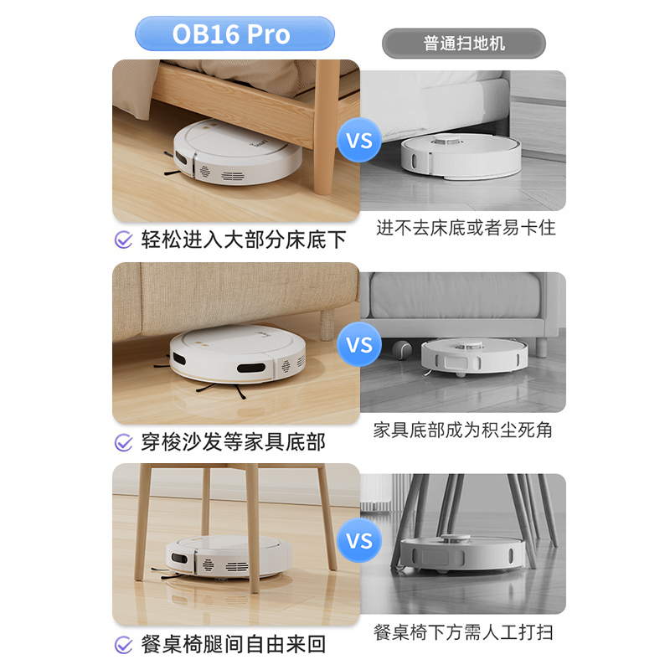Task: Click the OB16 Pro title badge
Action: pyautogui.click(x=234, y=33)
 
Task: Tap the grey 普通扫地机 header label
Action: pyautogui.click(x=464, y=44)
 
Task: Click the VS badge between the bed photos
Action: pyautogui.click(x=359, y=140)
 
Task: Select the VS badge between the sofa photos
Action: pyautogui.click(x=359, y=344)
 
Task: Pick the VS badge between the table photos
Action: pyautogui.click(x=359, y=540)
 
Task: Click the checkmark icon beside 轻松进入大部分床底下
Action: pyautogui.click(x=123, y=240)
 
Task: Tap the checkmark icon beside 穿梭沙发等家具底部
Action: pyautogui.click(x=123, y=442)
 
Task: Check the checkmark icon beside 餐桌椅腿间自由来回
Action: pyautogui.click(x=123, y=644)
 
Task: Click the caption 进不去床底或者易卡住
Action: pyautogui.click(x=466, y=228)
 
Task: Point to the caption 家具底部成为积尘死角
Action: pyautogui.click(x=463, y=430)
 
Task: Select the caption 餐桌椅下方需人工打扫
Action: pyautogui.click(x=463, y=632)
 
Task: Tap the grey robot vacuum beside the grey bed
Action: pyautogui.click(x=461, y=157)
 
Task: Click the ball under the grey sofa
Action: pyautogui.click(x=401, y=348)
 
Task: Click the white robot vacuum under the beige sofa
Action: pyautogui.click(x=238, y=354)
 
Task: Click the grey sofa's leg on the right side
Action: pyautogui.click(x=542, y=347)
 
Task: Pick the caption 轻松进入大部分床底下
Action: pyautogui.click(x=244, y=240)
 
